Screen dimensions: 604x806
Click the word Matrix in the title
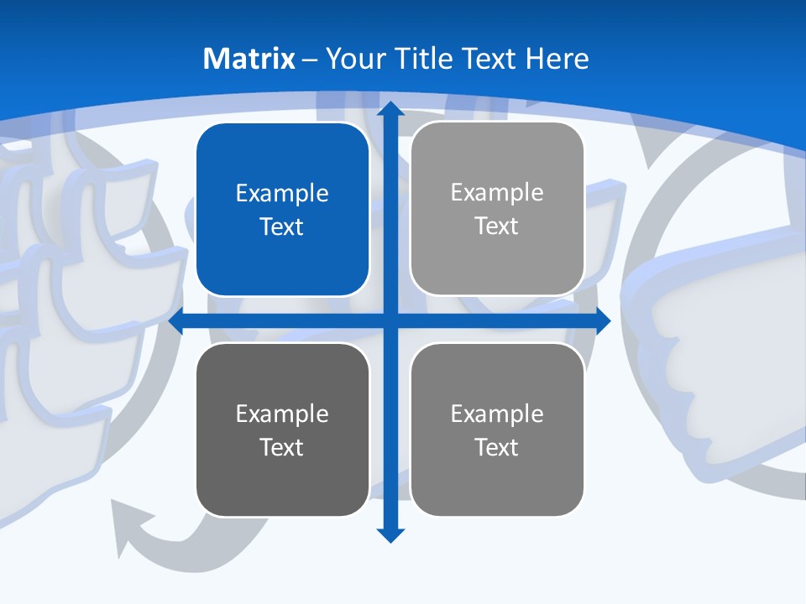[x=249, y=59]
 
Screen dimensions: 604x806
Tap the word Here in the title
[x=557, y=59]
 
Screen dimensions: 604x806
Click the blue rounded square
[x=282, y=210]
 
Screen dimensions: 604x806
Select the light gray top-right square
[x=497, y=209]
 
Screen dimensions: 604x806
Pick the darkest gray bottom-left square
[x=282, y=430]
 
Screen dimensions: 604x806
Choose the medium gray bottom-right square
[x=497, y=430]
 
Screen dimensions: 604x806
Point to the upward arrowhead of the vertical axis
[x=390, y=109]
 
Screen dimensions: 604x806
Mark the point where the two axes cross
[x=390, y=321]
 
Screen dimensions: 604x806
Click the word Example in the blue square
[x=282, y=194]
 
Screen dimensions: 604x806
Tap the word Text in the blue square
[x=282, y=227]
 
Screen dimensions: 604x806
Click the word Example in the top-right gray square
[x=497, y=193]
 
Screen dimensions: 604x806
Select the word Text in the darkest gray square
[x=282, y=447]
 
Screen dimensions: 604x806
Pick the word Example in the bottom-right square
[x=497, y=414]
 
